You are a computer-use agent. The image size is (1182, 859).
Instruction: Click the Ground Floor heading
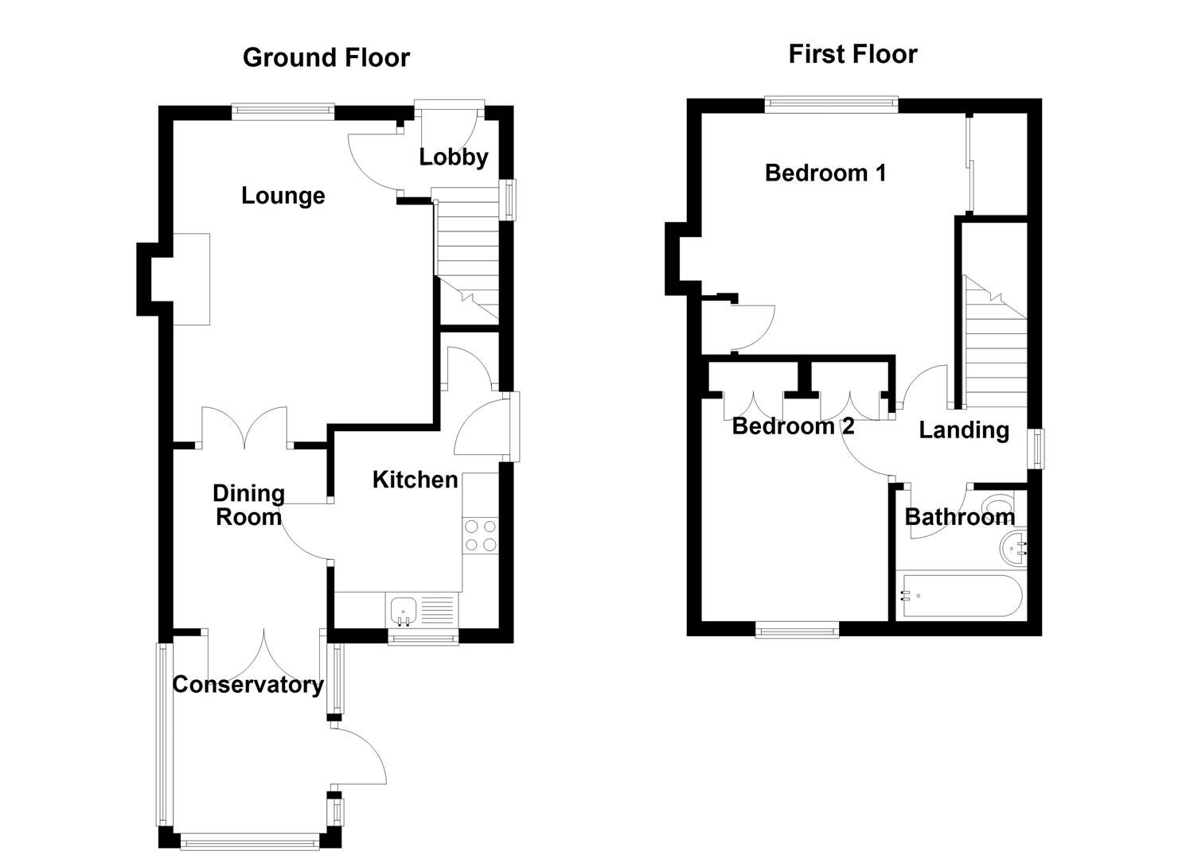(x=326, y=58)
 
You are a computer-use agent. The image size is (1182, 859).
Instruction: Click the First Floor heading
(x=852, y=54)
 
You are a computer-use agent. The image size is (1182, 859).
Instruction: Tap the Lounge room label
(x=283, y=196)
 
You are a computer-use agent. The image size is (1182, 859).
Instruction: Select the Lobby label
(x=453, y=157)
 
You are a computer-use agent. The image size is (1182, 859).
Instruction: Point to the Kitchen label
(x=415, y=480)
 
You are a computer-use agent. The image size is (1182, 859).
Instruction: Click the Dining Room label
(x=248, y=505)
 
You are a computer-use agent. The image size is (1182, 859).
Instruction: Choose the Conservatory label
(x=248, y=685)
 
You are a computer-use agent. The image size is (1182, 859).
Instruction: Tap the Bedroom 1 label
(x=825, y=173)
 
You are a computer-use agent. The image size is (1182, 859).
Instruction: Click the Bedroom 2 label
(x=793, y=426)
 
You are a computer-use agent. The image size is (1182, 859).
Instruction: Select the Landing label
(x=963, y=430)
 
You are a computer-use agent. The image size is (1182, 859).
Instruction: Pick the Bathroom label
(x=959, y=517)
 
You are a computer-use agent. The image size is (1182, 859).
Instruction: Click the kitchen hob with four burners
(x=480, y=535)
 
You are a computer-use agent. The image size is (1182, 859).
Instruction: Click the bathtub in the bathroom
(x=959, y=595)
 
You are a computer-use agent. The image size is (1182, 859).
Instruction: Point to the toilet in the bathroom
(x=999, y=506)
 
